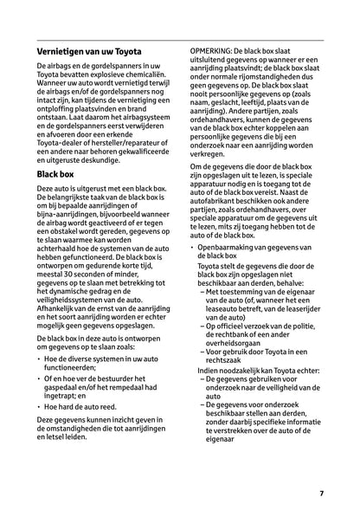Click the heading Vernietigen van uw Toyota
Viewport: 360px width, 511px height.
[x=90, y=52]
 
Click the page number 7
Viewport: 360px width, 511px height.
[x=320, y=493]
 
